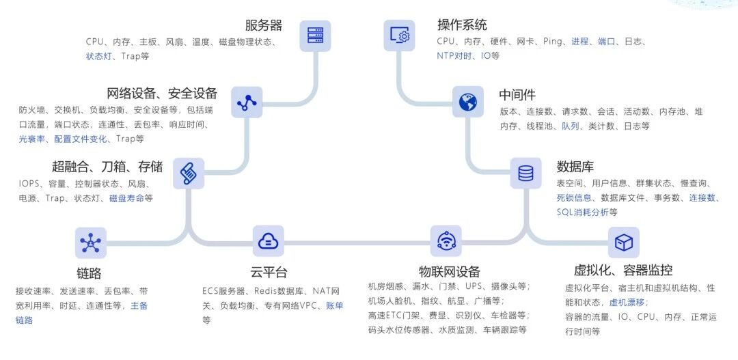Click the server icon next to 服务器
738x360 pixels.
coord(314,36)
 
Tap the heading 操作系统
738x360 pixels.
coord(462,25)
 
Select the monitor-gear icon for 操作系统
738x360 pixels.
coord(399,36)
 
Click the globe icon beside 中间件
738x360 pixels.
coord(467,102)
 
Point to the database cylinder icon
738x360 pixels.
coord(525,174)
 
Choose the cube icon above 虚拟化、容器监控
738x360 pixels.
coord(623,243)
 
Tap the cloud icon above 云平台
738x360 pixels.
coord(268,240)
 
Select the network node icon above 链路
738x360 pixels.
coord(90,243)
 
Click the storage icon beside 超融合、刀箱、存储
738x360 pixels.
coord(188,174)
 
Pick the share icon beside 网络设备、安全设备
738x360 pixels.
coord(246,102)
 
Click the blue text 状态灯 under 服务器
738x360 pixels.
coord(99,56)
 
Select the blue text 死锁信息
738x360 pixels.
coord(575,197)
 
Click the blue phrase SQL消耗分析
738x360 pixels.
coord(582,212)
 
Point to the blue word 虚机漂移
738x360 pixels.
coord(627,302)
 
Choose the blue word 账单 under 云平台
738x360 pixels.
coord(335,305)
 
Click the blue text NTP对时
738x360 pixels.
coord(454,55)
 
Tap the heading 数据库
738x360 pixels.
coord(575,167)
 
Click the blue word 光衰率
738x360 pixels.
coord(32,139)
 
